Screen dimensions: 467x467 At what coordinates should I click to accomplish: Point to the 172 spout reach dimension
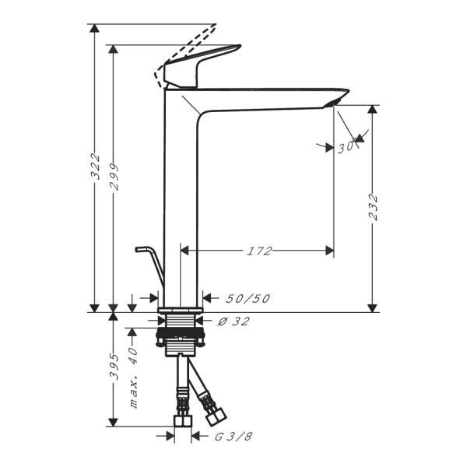(x=259, y=251)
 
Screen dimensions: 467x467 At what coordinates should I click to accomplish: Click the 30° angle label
(x=347, y=146)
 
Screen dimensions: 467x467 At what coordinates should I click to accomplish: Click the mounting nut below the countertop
(x=181, y=339)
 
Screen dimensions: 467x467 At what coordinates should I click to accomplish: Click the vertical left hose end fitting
(x=181, y=420)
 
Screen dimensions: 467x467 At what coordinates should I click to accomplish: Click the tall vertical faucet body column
(x=181, y=195)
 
